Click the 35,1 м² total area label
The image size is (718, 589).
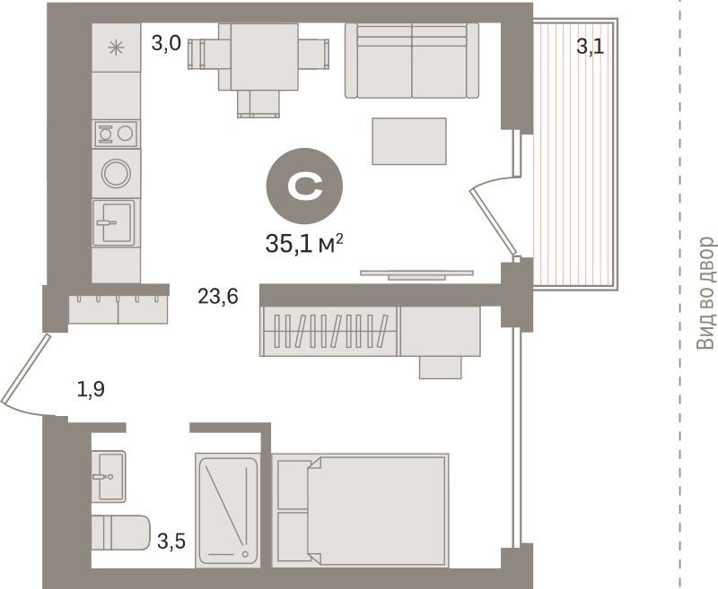coord(304,243)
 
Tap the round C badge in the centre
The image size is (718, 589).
coord(304,186)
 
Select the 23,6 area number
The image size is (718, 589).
coord(218,297)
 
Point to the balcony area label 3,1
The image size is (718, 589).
coord(590,47)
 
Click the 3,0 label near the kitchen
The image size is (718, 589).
coord(166,44)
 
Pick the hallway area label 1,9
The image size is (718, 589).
coord(91,390)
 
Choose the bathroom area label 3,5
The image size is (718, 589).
coord(171,541)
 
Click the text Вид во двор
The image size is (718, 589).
coord(705,293)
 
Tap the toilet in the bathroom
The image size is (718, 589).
coord(120,533)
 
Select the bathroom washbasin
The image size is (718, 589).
coord(109,477)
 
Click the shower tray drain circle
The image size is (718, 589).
coord(245,554)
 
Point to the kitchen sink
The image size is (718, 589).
coord(114,222)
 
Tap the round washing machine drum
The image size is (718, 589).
coord(116,173)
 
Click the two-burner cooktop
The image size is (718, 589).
coord(116,134)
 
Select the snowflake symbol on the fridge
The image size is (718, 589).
coord(116,48)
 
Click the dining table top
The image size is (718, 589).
coord(264,56)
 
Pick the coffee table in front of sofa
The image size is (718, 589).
coord(409,141)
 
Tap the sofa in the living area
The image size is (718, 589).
coord(412,60)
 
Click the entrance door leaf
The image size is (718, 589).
coord(25,368)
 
